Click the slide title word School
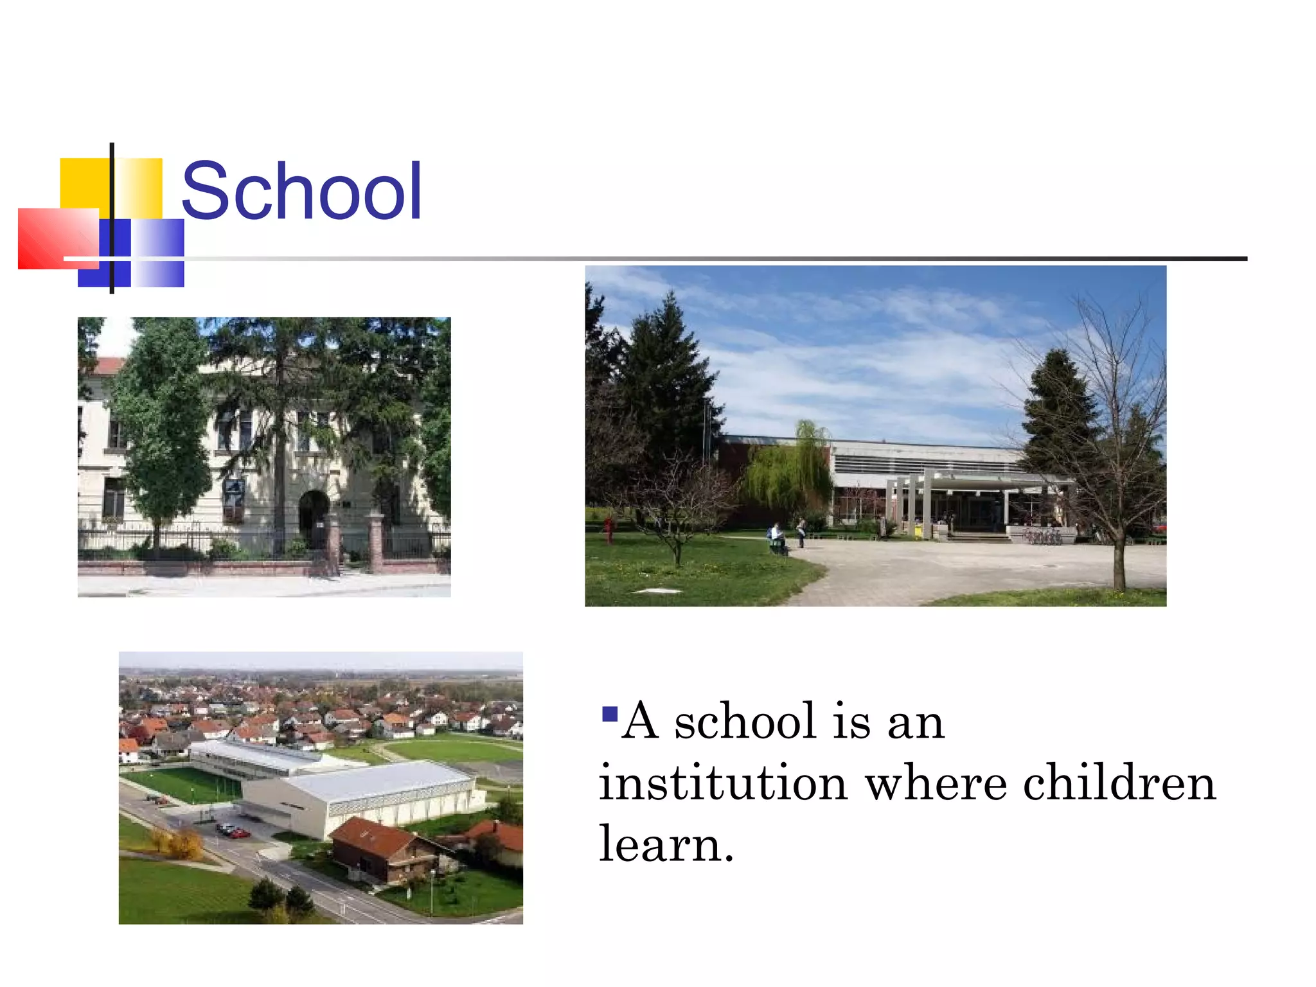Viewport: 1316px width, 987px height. click(301, 191)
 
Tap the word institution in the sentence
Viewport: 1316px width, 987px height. click(722, 783)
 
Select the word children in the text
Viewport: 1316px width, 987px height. click(1119, 783)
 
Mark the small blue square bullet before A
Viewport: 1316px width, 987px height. click(609, 714)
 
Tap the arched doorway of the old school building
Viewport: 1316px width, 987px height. click(314, 514)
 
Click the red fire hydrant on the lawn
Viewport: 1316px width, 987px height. click(608, 531)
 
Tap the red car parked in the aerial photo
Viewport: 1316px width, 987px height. click(240, 833)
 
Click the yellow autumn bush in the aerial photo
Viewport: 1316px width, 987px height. click(184, 843)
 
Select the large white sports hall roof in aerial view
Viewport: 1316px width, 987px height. click(379, 781)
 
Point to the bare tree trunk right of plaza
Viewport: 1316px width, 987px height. click(1119, 559)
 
